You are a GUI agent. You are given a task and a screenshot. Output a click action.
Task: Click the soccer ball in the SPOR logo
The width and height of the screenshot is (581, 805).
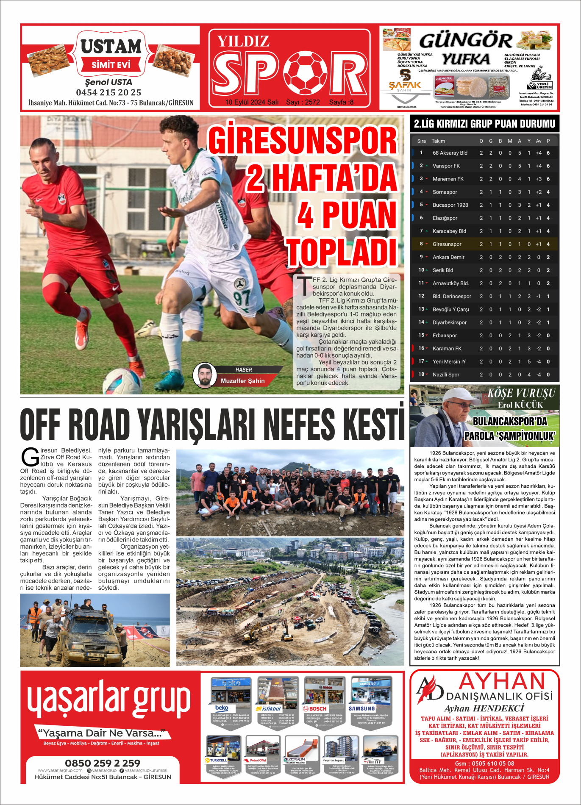(305, 73)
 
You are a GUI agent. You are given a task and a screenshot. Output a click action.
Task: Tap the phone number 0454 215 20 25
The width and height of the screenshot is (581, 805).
(108, 92)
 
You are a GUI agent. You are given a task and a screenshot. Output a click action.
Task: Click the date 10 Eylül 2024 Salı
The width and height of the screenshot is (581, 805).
(252, 102)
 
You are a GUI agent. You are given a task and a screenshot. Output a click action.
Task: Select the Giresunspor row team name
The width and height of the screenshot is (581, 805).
(447, 244)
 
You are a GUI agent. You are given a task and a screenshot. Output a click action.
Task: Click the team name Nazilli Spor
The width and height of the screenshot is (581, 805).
(446, 375)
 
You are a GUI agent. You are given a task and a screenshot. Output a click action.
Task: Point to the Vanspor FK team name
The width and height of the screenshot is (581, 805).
(446, 166)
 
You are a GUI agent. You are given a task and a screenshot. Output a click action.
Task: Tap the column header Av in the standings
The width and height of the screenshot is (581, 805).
(538, 141)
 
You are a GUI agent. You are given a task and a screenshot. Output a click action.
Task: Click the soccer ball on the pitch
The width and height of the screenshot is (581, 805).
(122, 380)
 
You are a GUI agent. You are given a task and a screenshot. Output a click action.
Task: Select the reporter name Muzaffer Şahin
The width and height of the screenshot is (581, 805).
(242, 381)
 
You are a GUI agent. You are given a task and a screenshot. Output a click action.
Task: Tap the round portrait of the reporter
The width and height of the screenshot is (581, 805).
(205, 375)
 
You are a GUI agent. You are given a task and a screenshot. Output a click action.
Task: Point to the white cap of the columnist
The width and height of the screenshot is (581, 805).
(458, 396)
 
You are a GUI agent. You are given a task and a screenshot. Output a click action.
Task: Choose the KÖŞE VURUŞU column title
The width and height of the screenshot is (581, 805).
(521, 393)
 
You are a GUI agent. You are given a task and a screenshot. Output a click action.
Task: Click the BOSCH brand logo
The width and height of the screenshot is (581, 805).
(315, 708)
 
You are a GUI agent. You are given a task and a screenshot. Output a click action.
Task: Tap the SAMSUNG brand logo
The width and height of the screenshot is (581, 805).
(361, 708)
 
